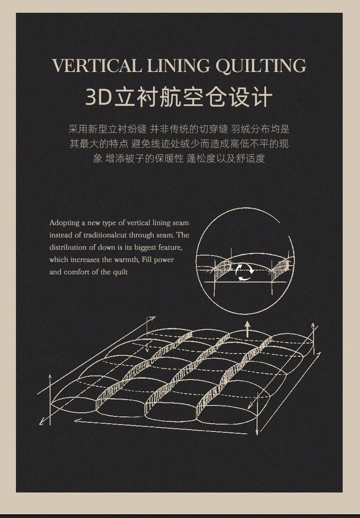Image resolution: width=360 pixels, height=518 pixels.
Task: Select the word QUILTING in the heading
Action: point(261,66)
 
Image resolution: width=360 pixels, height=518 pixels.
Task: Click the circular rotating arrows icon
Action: point(245,272)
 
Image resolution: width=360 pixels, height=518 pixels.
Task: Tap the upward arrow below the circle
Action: point(247,329)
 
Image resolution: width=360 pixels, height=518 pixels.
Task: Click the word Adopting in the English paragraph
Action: point(64,223)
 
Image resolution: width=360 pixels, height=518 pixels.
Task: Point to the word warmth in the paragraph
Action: point(127,260)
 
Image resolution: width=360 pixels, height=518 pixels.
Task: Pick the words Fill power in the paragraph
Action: point(158,260)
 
